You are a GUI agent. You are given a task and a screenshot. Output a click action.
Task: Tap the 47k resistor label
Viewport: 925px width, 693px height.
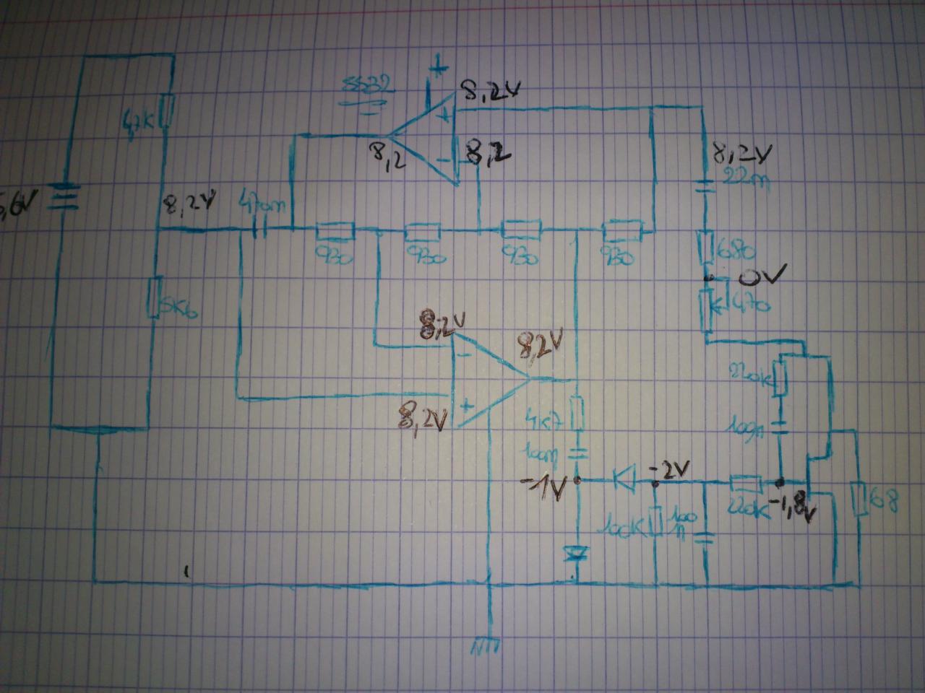tap(137, 116)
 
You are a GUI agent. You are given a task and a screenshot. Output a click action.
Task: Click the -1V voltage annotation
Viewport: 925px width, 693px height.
tap(546, 490)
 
